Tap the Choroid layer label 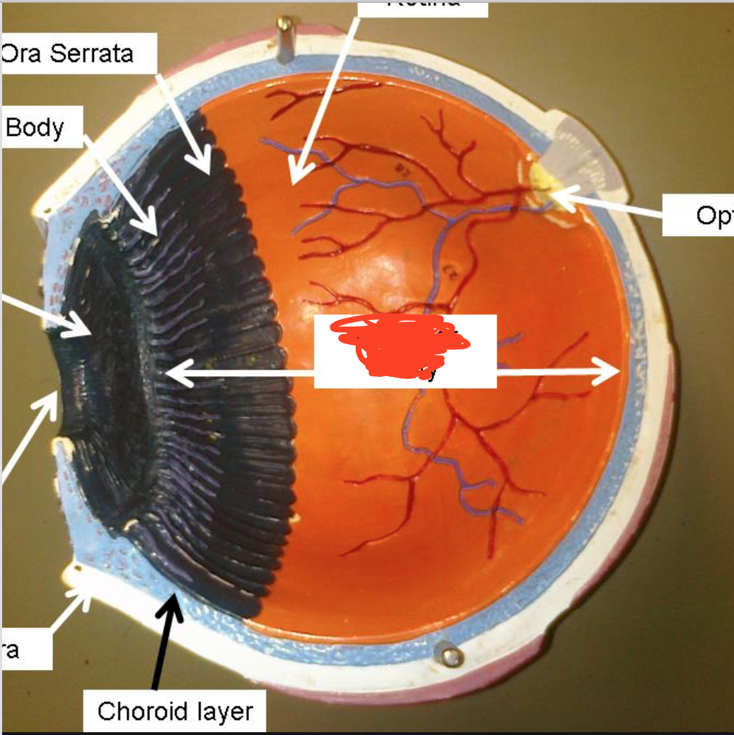pyautogui.click(x=175, y=710)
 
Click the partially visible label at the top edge pyautogui.click(x=423, y=6)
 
